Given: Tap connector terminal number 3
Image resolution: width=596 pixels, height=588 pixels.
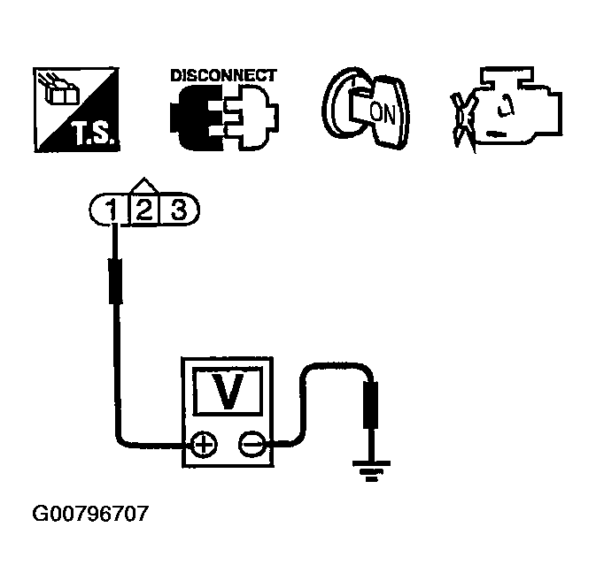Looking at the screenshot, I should pyautogui.click(x=179, y=210).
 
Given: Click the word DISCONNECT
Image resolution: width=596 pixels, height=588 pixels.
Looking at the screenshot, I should pyautogui.click(x=222, y=75).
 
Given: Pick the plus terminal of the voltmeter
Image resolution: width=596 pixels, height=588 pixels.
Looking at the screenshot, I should pyautogui.click(x=204, y=443).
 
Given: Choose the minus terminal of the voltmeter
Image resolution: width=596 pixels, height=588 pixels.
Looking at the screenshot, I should pyautogui.click(x=253, y=443).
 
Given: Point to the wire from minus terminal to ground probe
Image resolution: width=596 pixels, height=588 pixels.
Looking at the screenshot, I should pyautogui.click(x=310, y=389).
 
